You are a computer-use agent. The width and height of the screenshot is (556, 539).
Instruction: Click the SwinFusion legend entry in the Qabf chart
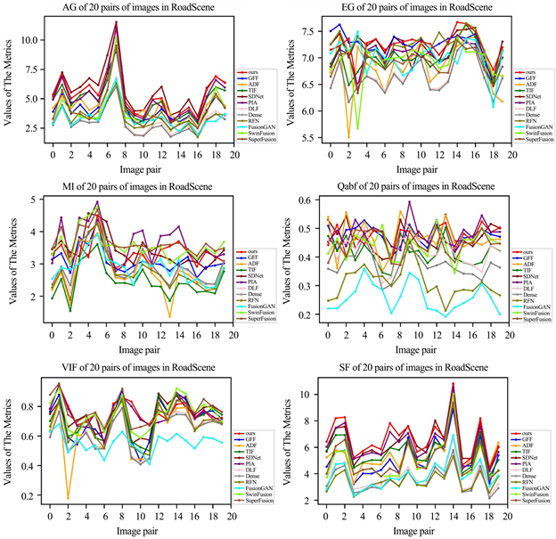[x=534, y=313]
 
